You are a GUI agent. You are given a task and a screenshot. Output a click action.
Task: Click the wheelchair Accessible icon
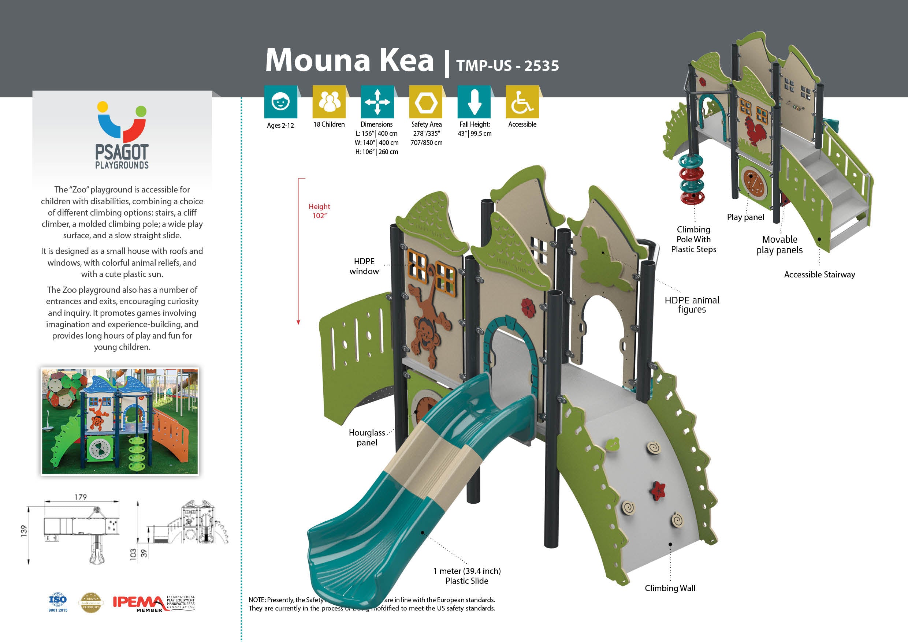522,102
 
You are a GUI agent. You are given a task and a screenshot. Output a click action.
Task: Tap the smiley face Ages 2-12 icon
280,102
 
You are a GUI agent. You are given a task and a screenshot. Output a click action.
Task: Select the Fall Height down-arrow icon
474,102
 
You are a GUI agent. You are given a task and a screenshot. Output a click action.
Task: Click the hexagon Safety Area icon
425,102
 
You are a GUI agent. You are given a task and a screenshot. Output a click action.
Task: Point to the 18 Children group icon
329,102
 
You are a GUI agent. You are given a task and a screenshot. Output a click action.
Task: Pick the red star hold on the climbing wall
657,489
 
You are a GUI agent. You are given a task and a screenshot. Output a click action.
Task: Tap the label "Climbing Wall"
670,588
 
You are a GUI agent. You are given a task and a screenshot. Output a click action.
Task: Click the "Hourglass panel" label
366,438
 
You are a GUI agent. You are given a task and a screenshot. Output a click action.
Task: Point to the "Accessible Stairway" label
819,275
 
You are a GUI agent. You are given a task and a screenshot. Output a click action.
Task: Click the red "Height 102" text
319,211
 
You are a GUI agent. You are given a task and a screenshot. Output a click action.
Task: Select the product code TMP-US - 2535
507,66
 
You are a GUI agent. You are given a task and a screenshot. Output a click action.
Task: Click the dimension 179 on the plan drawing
81,497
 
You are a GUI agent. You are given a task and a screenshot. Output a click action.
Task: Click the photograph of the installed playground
120,421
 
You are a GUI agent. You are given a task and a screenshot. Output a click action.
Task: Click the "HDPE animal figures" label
692,305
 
